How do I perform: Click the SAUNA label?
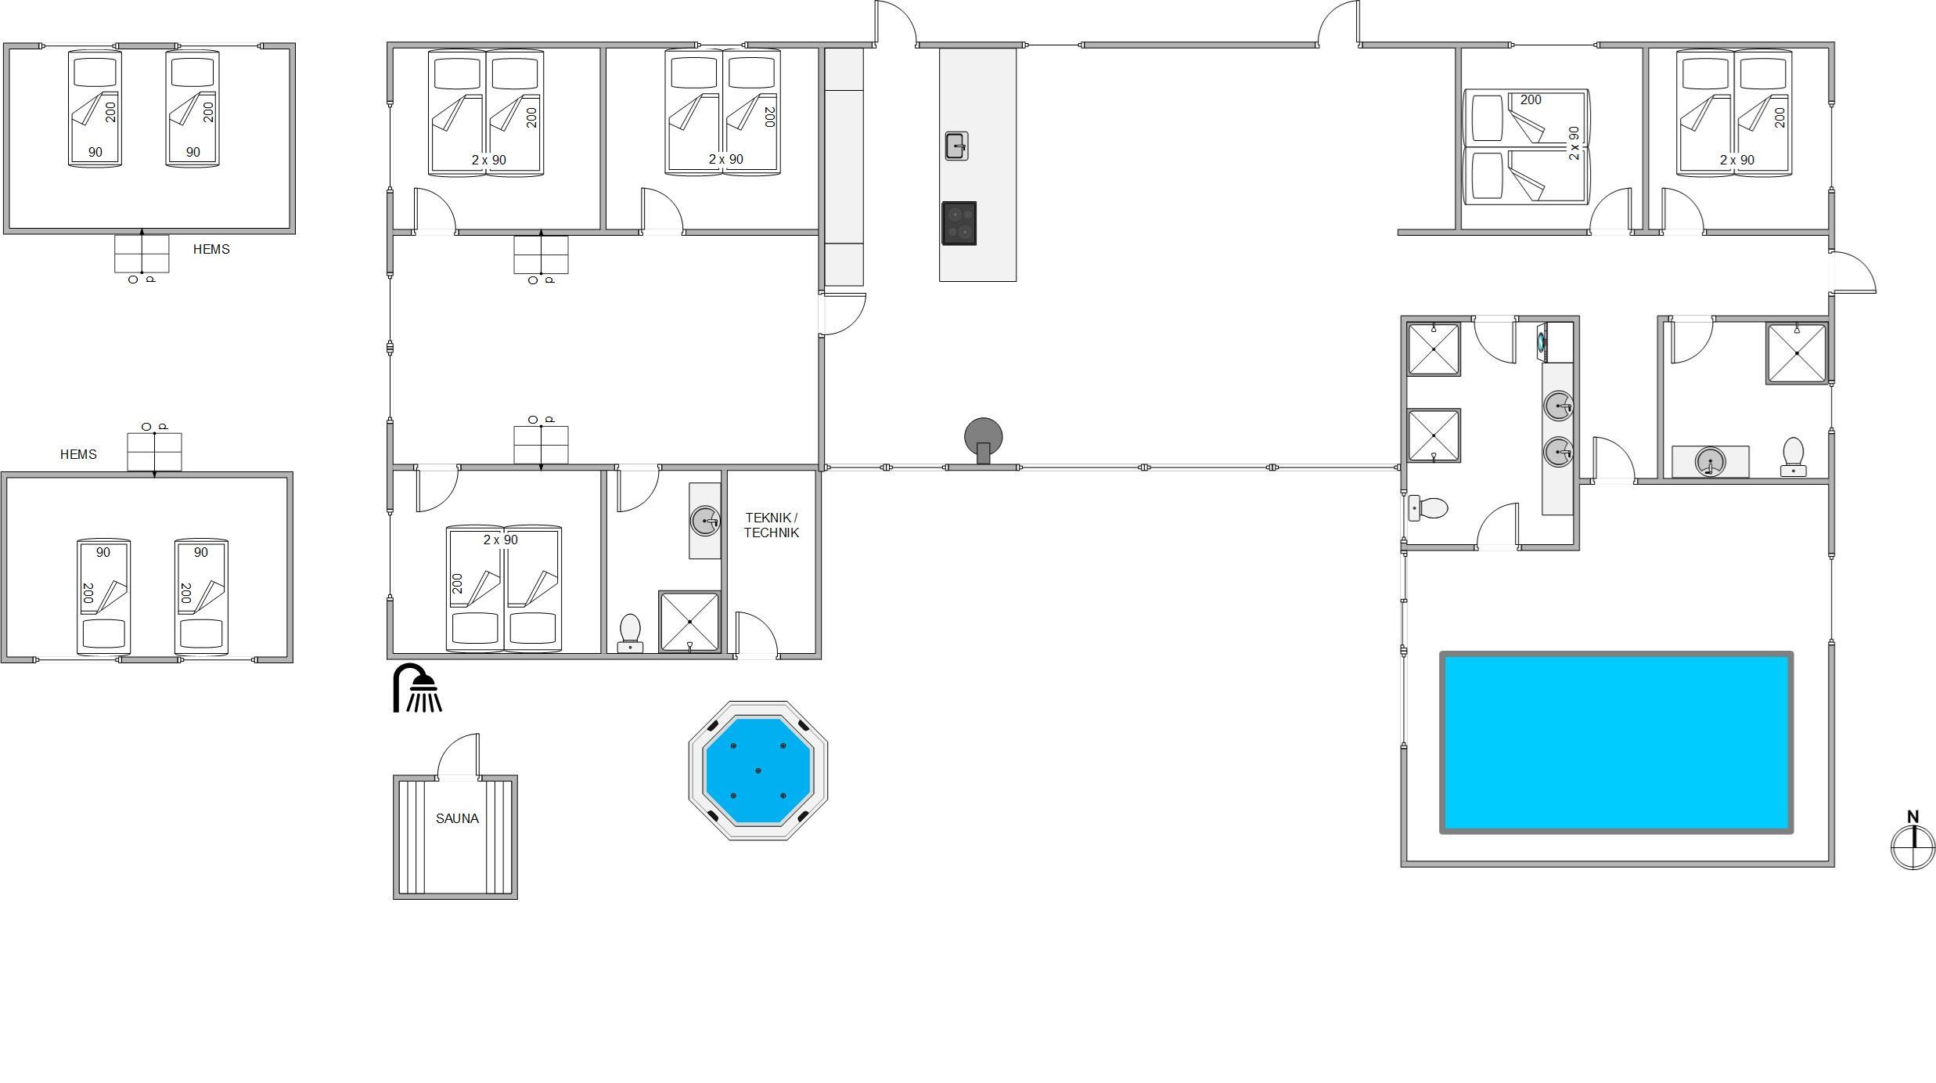pyautogui.click(x=457, y=818)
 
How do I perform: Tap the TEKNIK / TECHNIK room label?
pyautogui.click(x=772, y=525)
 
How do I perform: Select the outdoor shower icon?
pyautogui.click(x=417, y=688)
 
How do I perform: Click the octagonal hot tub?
pyautogui.click(x=758, y=771)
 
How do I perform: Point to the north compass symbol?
pyautogui.click(x=1913, y=840)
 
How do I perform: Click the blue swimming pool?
pyautogui.click(x=1617, y=742)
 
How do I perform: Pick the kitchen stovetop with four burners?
pyautogui.click(x=959, y=223)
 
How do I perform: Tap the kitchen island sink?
pyautogui.click(x=956, y=146)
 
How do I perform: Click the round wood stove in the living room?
pyautogui.click(x=984, y=439)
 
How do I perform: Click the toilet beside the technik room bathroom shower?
pyautogui.click(x=630, y=633)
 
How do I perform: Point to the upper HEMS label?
pyautogui.click(x=211, y=249)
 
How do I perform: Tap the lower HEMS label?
pyautogui.click(x=78, y=454)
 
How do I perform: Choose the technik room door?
pyautogui.click(x=757, y=635)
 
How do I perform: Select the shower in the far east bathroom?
pyautogui.click(x=1797, y=353)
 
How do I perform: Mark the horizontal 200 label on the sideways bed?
pyautogui.click(x=1531, y=100)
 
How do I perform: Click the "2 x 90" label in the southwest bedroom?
pyautogui.click(x=501, y=540)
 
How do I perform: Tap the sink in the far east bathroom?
pyautogui.click(x=1710, y=461)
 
